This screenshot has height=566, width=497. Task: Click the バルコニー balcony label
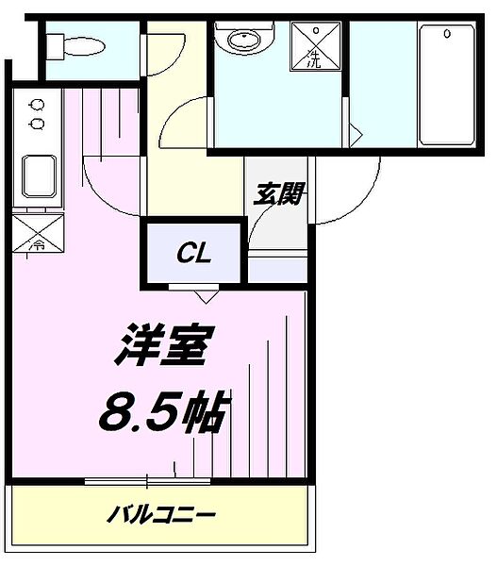tap(161, 515)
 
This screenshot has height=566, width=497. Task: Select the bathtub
tap(446, 85)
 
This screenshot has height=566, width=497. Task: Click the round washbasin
tap(240, 41)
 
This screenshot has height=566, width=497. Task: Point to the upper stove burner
tap(37, 105)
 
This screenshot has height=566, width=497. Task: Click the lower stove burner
tap(37, 123)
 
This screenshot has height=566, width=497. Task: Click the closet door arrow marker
tap(205, 295)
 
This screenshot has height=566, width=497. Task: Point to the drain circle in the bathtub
tap(446, 35)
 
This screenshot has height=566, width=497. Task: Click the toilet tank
tap(54, 44)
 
